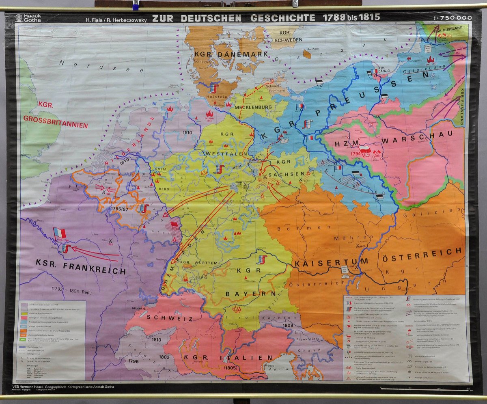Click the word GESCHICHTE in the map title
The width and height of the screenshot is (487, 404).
click(x=282, y=18)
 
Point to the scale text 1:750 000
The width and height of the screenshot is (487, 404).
click(x=453, y=18)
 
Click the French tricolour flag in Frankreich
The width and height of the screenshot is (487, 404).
click(x=59, y=233)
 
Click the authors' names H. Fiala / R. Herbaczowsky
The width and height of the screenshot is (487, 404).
click(x=115, y=19)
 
